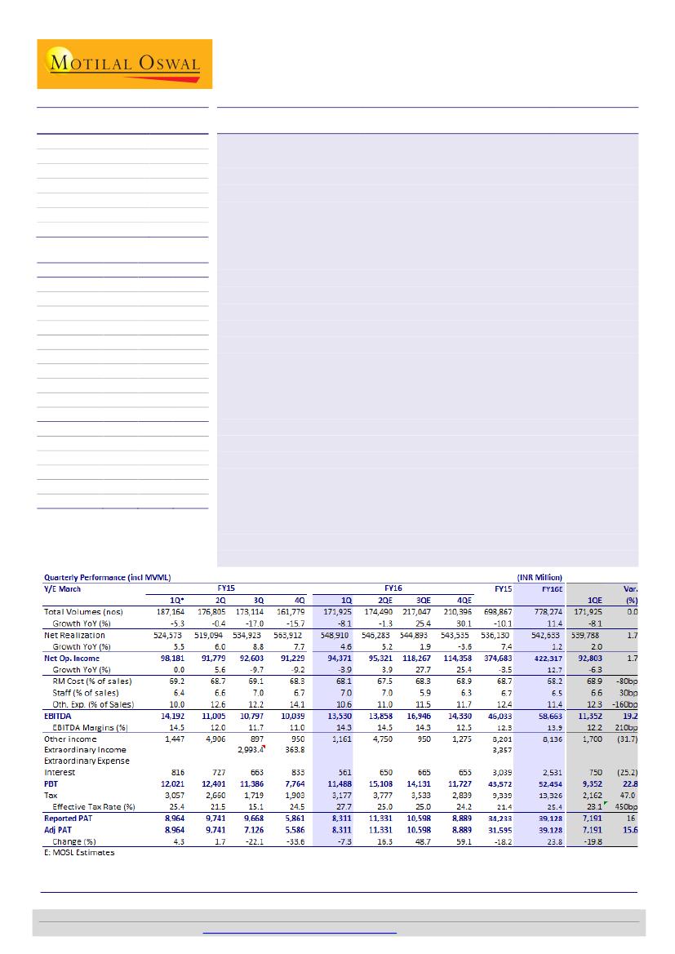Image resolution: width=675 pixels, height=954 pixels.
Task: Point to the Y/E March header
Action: coord(62,588)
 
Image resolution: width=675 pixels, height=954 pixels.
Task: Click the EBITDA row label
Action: coord(59,717)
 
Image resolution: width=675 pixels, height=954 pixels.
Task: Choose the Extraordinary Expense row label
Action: coord(84,761)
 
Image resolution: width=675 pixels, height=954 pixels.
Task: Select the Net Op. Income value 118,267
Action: coord(424,657)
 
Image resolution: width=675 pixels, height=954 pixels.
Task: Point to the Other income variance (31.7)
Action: coord(624,739)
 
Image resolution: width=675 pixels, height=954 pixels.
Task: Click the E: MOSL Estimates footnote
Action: coord(79,852)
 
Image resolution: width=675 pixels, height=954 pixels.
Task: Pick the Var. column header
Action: coord(630,588)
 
